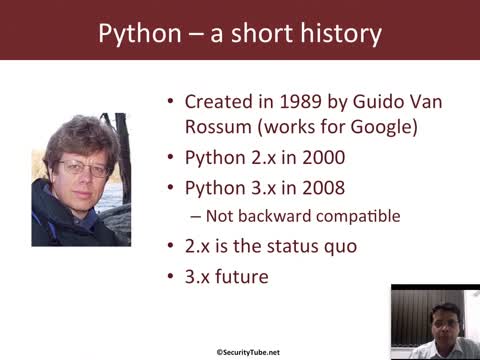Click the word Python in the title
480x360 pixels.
coord(137,34)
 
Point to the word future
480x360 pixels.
coord(244,274)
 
